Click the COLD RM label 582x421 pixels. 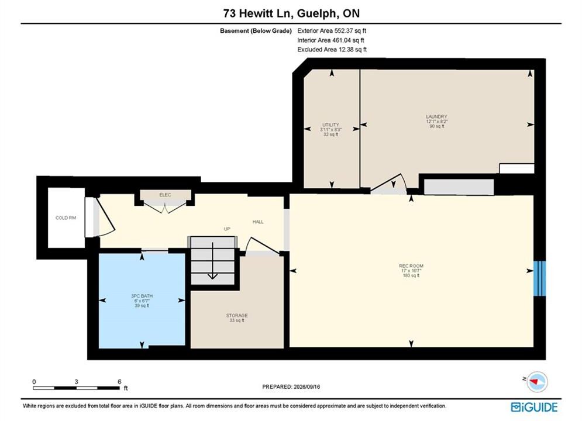(x=66, y=218)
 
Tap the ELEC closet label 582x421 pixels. (x=165, y=195)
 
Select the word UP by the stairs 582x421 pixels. (x=227, y=229)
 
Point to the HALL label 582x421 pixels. (x=258, y=222)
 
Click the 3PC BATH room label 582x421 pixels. (x=142, y=296)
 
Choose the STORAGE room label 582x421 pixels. (x=237, y=316)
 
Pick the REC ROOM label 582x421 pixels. (x=411, y=266)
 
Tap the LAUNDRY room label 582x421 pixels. (x=436, y=116)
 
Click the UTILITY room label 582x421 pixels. (x=330, y=125)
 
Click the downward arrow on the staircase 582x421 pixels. (x=212, y=260)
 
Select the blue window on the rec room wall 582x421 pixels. (x=539, y=278)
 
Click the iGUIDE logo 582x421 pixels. (x=534, y=407)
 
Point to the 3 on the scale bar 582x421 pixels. (x=76, y=382)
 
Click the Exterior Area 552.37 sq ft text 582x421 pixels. (x=332, y=31)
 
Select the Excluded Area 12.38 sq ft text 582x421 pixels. (x=332, y=49)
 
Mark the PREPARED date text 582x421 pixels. (x=291, y=387)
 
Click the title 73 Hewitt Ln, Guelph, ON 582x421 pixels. (x=291, y=13)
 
